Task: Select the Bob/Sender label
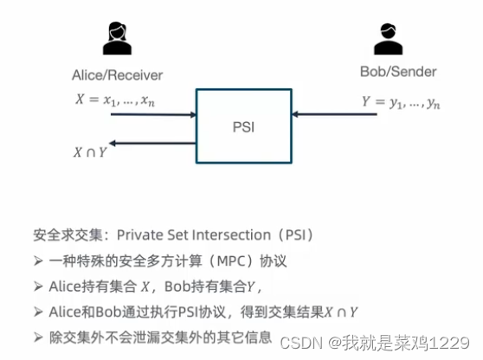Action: pyautogui.click(x=397, y=71)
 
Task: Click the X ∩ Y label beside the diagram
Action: pyautogui.click(x=89, y=152)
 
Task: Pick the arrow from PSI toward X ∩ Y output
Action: pyautogui.click(x=156, y=143)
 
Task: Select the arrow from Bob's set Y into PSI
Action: pyautogui.click(x=334, y=113)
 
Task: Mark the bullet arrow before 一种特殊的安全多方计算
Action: pyautogui.click(x=38, y=260)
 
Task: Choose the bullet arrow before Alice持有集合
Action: pyautogui.click(x=38, y=286)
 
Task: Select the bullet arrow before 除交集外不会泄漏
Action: pyautogui.click(x=38, y=337)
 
